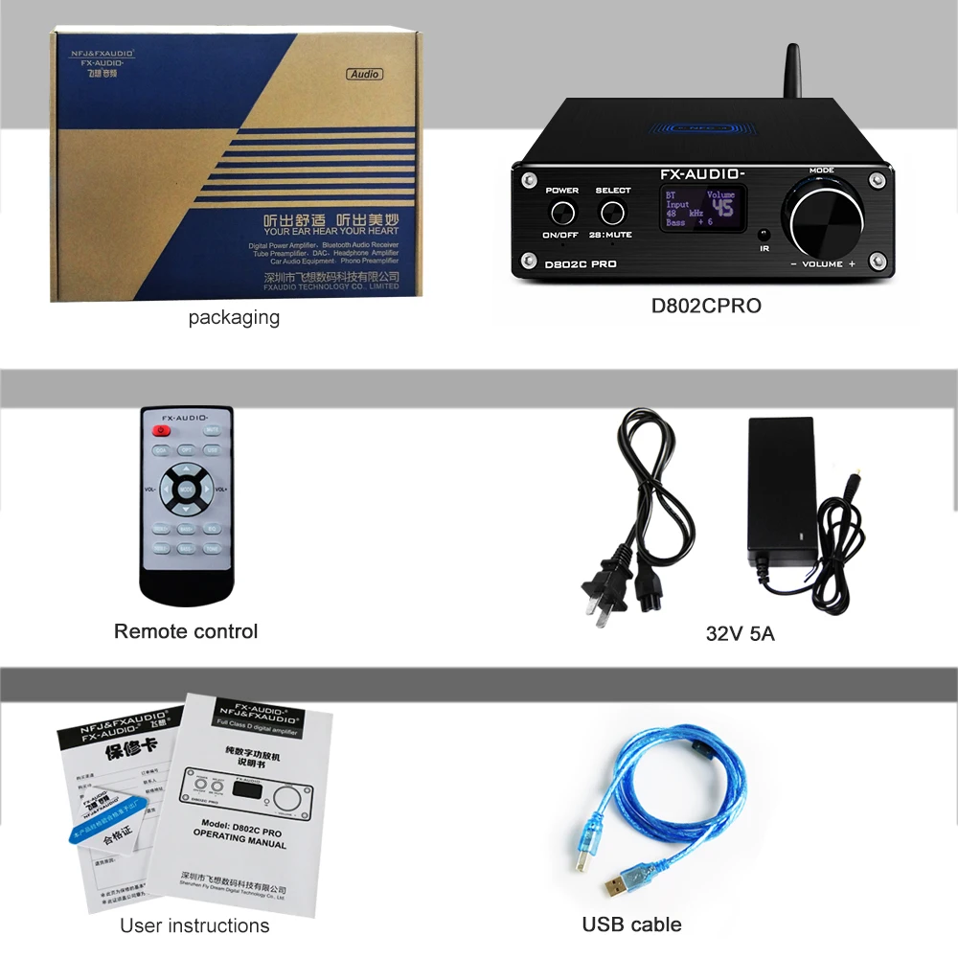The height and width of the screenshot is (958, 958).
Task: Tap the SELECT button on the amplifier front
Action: coord(613,211)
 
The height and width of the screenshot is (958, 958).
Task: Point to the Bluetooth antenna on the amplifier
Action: coord(794,72)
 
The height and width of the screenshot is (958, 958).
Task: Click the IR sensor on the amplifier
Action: coord(764,234)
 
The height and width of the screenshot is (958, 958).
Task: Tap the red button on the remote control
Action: coord(161,431)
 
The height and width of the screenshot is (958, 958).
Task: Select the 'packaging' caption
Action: coord(234,318)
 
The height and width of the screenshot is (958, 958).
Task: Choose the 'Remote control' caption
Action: coord(186,631)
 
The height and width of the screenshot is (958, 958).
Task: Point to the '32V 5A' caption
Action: coord(740,633)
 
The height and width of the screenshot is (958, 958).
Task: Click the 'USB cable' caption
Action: coord(632,924)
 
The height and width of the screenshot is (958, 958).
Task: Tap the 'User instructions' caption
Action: coord(194,925)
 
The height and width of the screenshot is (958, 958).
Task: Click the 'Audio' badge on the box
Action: coord(364,74)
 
